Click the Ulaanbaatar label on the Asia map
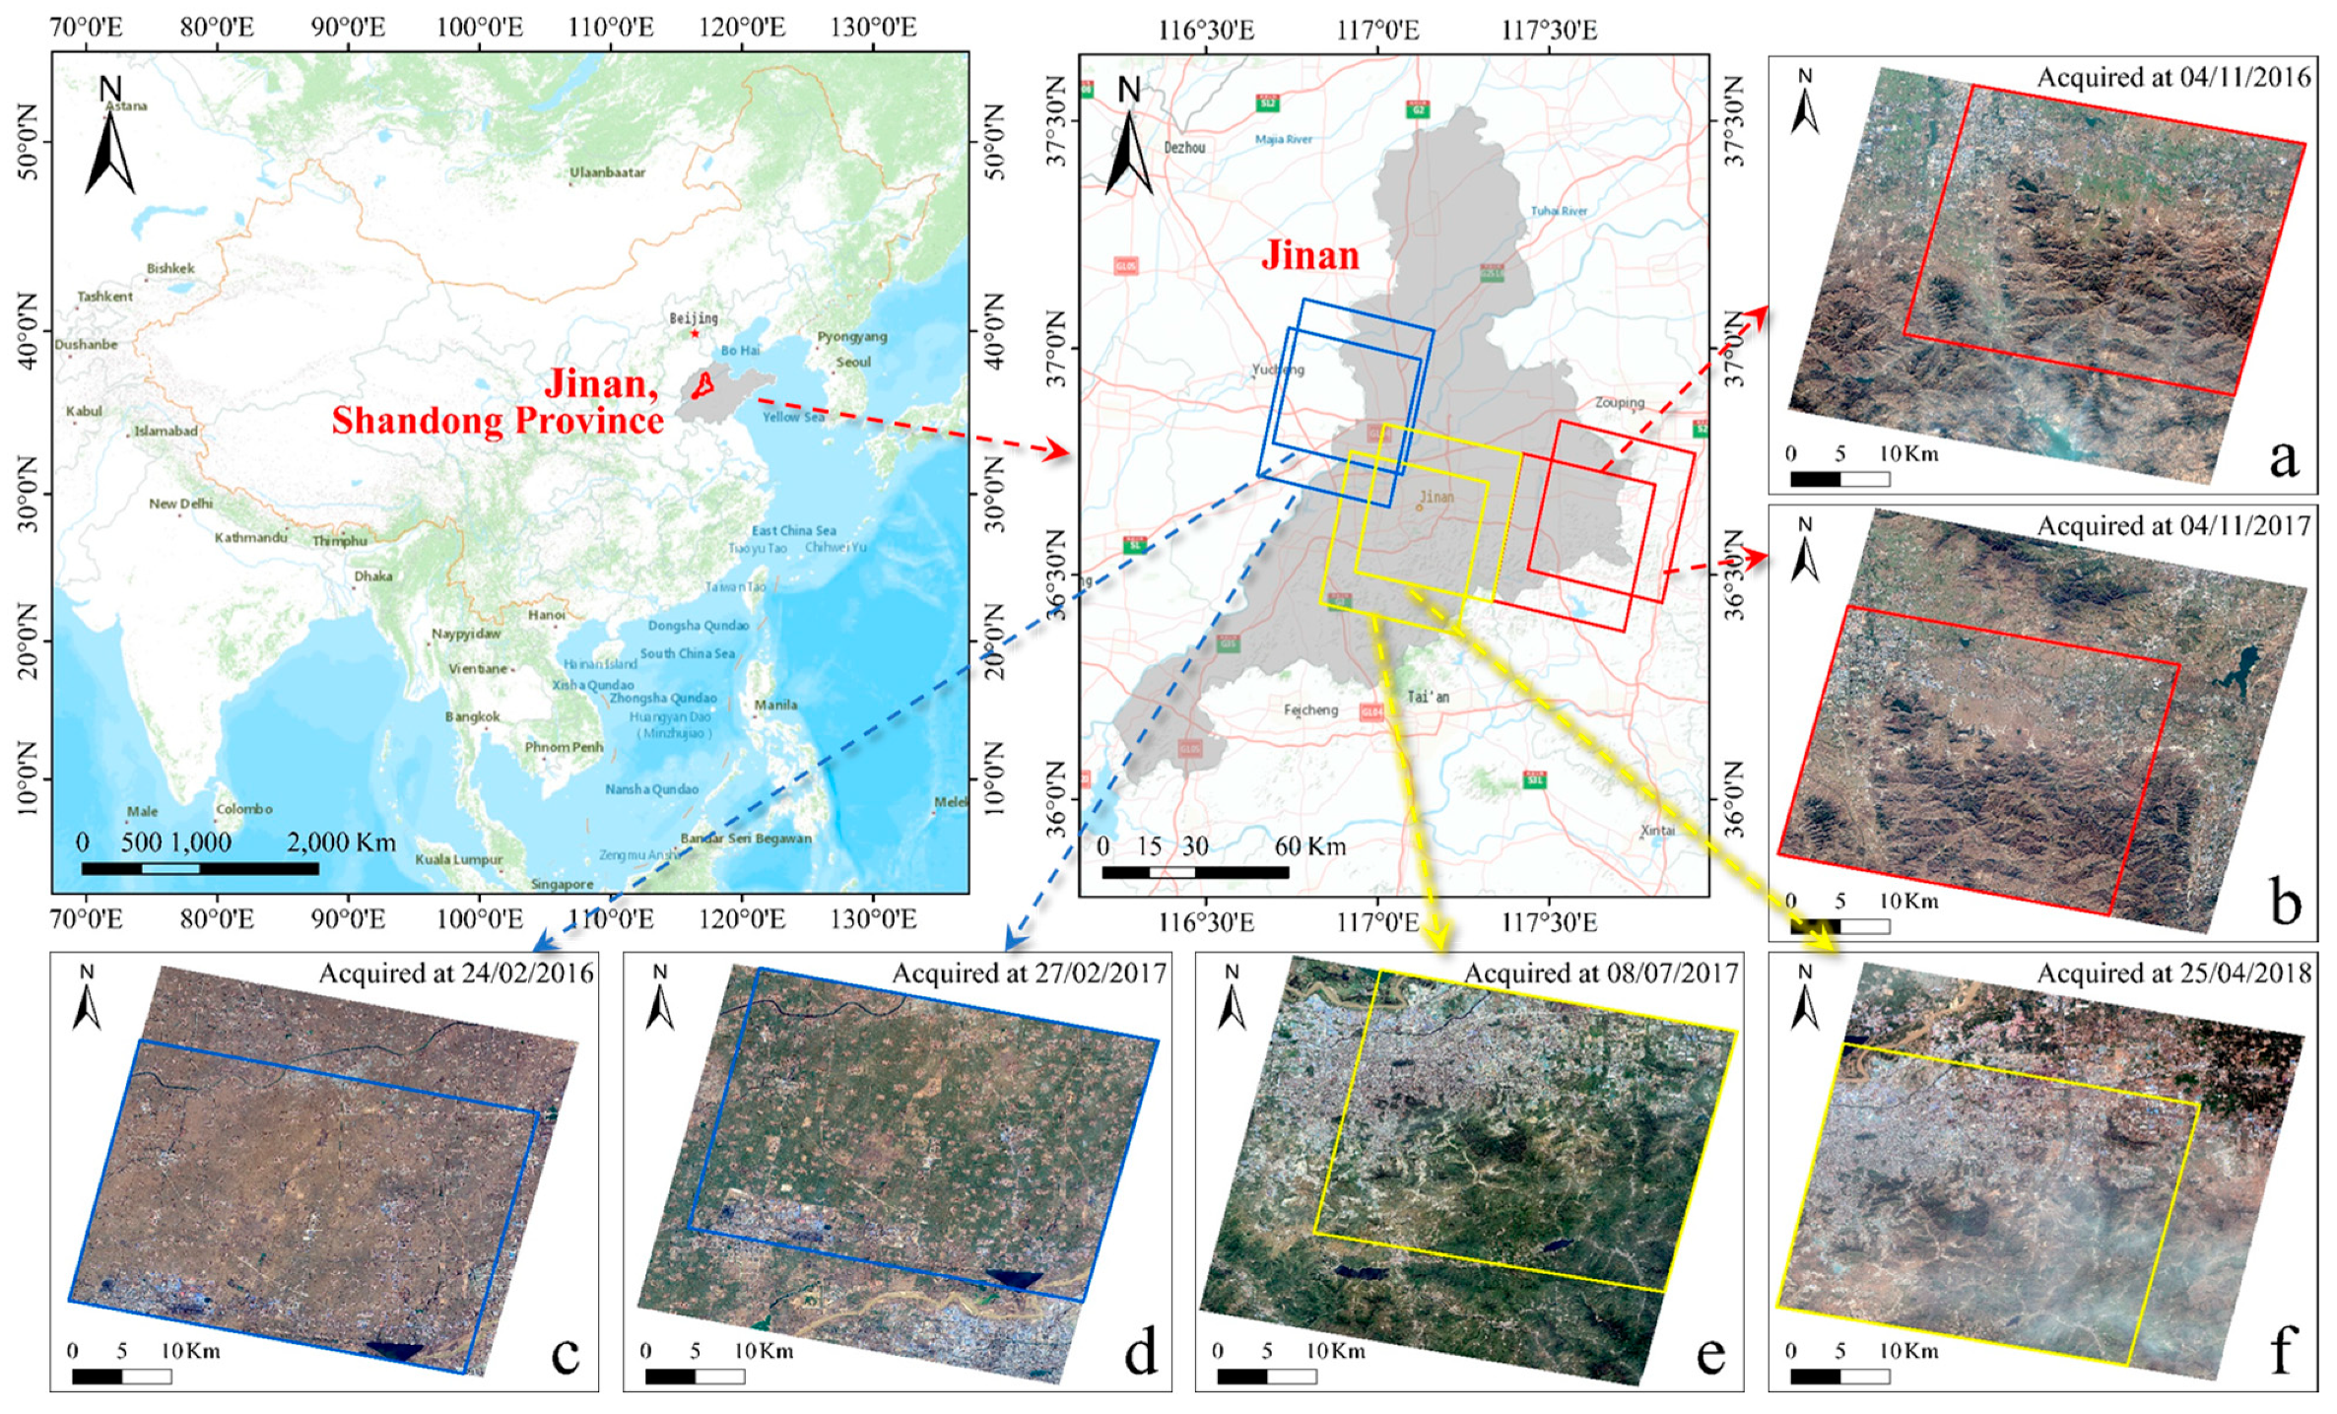(x=607, y=172)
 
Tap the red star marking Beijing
(x=695, y=333)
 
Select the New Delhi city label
(x=180, y=504)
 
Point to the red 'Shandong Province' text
(x=498, y=421)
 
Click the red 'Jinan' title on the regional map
(x=1310, y=256)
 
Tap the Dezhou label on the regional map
(x=1184, y=148)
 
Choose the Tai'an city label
(x=1428, y=697)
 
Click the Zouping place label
(x=1620, y=402)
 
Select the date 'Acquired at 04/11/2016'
(x=2173, y=78)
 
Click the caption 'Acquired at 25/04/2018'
(x=2173, y=974)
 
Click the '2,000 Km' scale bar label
(x=341, y=842)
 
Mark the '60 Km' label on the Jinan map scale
(x=1309, y=846)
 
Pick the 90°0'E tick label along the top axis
(x=348, y=27)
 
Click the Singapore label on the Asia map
(x=562, y=884)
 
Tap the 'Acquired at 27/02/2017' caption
(x=1029, y=974)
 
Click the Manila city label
(x=775, y=705)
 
